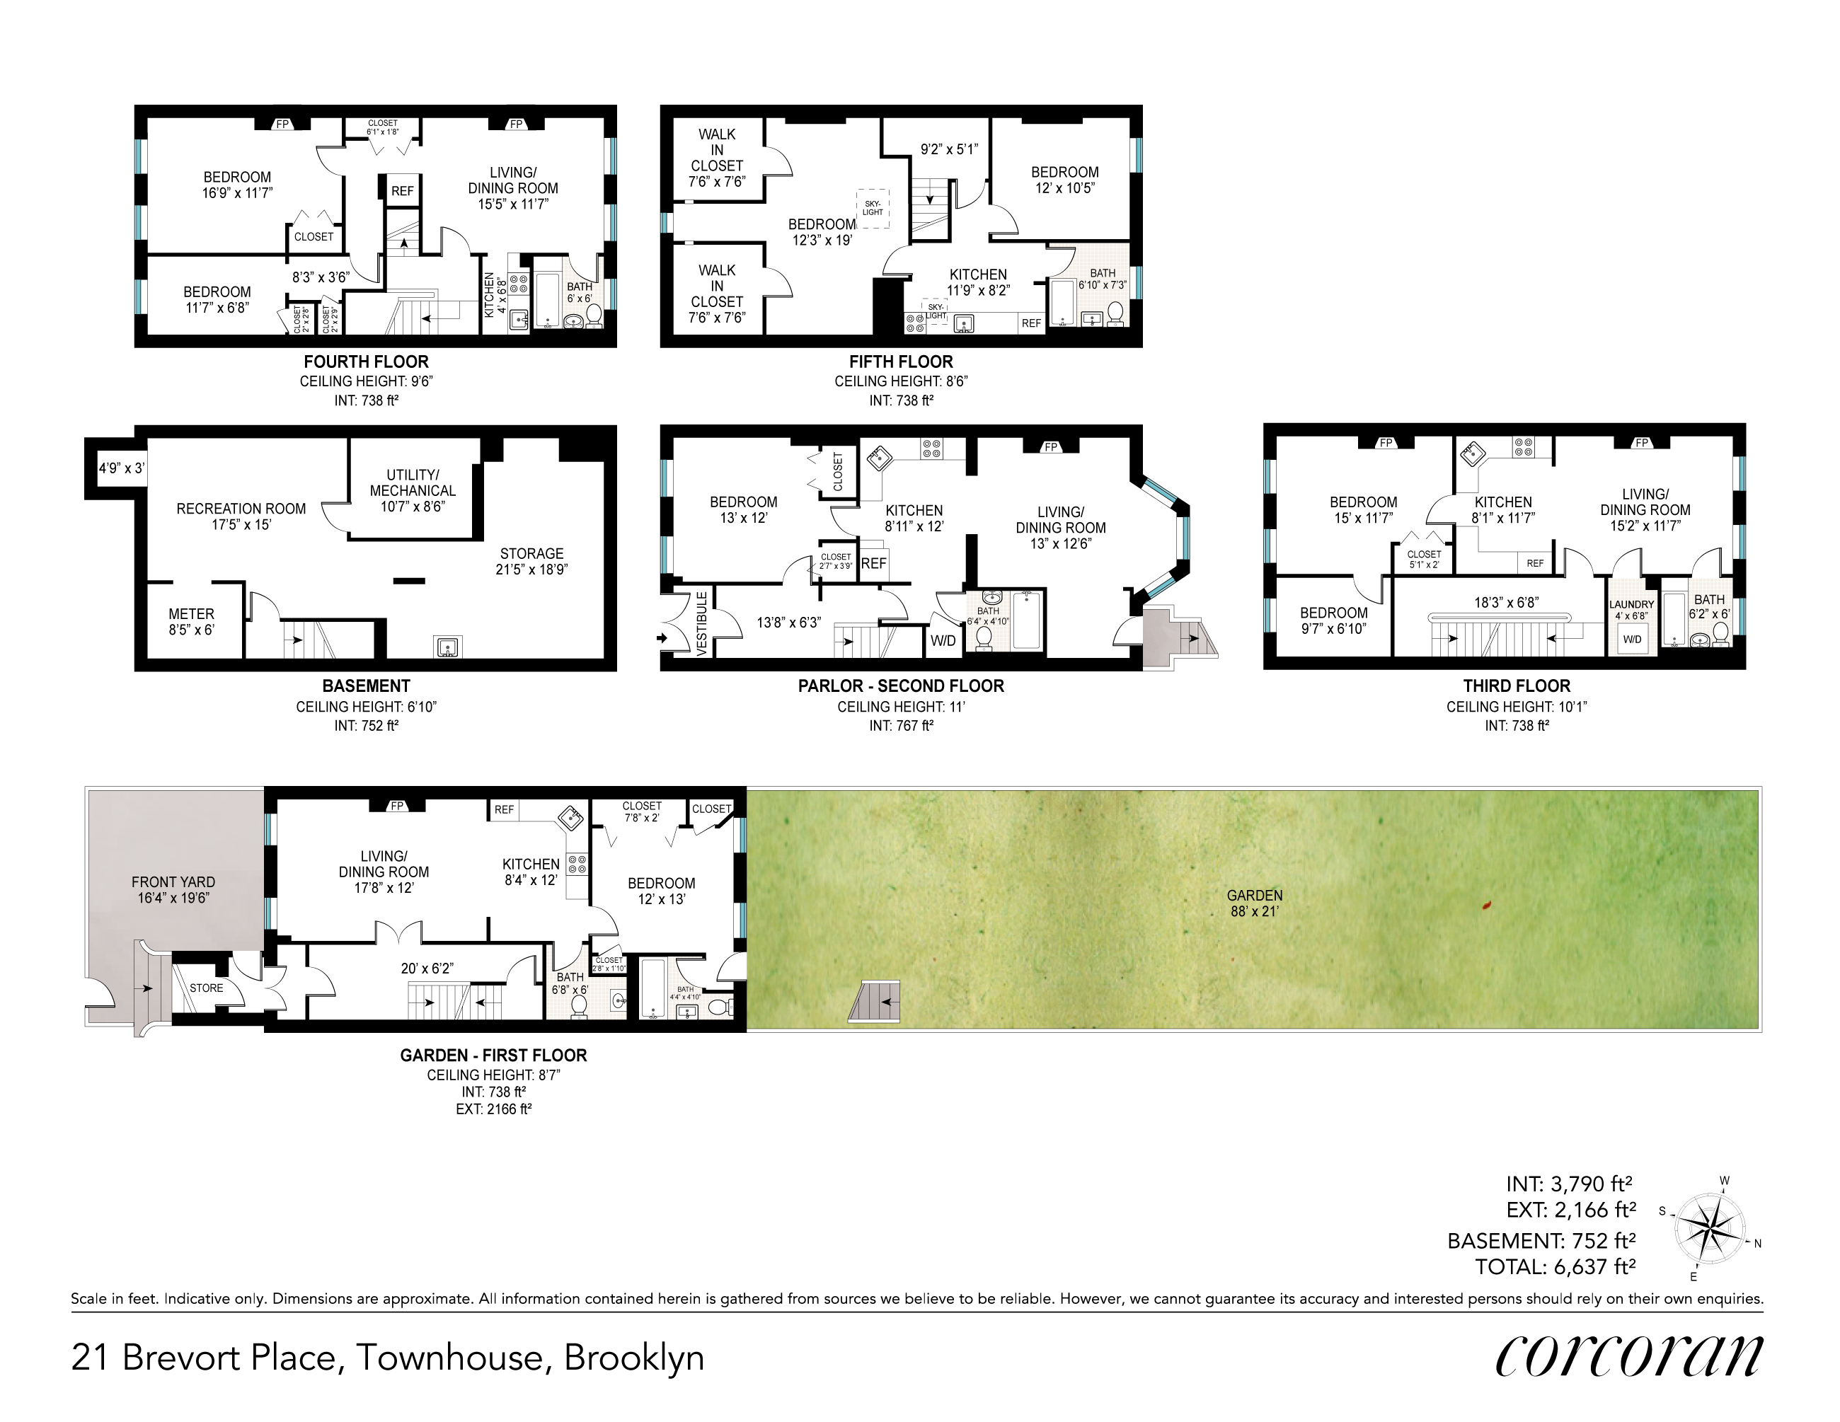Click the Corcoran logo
[1628, 1356]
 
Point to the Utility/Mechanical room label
[413, 490]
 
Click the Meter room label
[191, 622]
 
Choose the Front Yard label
[173, 889]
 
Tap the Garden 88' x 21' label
[1255, 903]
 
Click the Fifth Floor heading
[901, 362]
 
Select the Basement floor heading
[367, 686]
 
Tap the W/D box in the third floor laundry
[1632, 639]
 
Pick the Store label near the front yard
[207, 988]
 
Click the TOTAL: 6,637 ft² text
[1556, 1266]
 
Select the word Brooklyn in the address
[633, 1358]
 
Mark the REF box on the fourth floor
[403, 191]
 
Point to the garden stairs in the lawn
[875, 1002]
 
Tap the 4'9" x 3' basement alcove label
[121, 468]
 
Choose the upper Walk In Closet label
[717, 158]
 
